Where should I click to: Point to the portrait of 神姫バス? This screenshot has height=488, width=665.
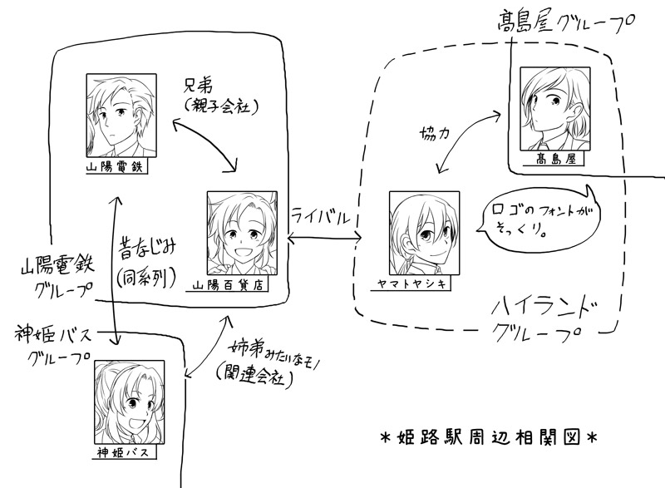pyautogui.click(x=130, y=404)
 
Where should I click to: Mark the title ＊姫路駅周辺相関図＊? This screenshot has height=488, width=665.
pyautogui.click(x=485, y=434)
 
